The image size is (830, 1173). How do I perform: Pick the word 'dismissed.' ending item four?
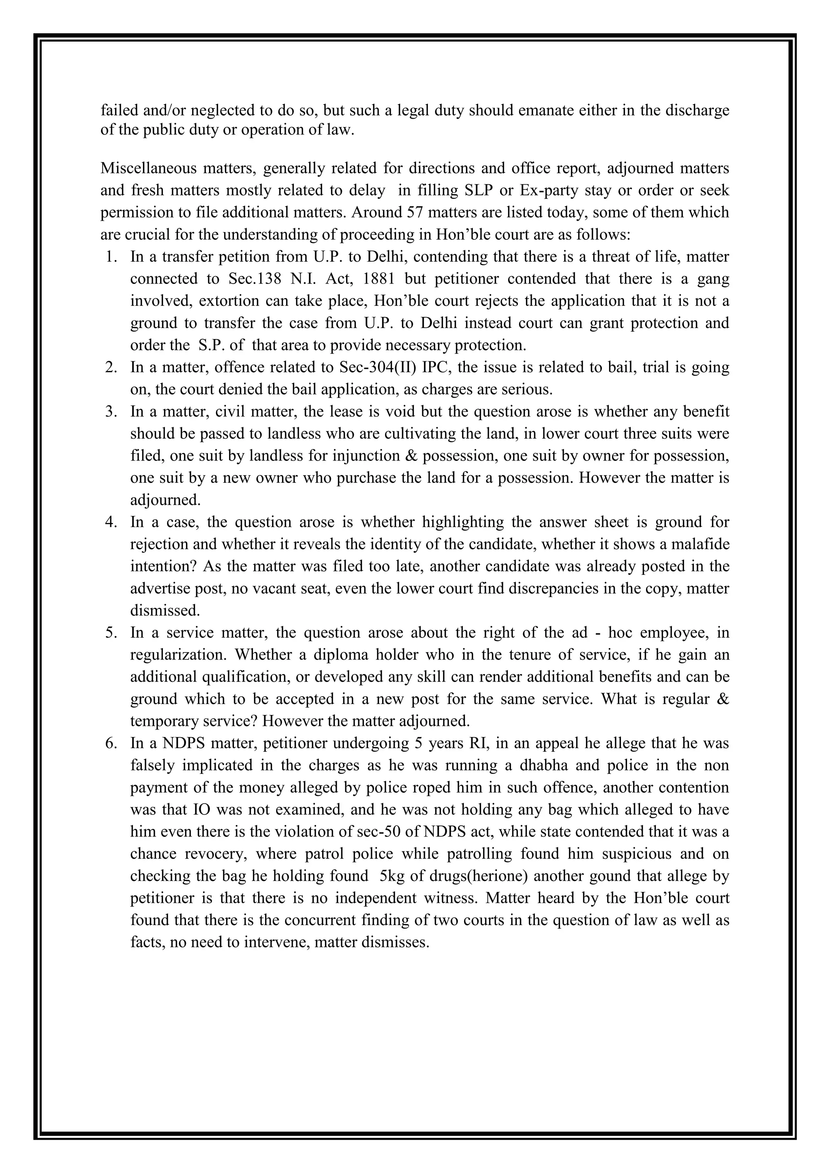(x=165, y=610)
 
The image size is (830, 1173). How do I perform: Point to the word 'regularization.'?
(x=178, y=655)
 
